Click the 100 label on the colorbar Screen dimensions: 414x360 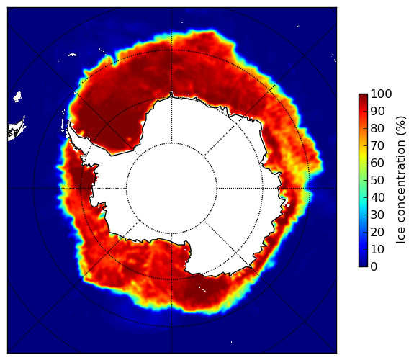click(381, 94)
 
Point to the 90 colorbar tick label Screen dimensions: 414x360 click(377, 111)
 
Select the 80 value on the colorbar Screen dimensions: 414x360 click(377, 128)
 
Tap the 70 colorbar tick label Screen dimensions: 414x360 click(377, 145)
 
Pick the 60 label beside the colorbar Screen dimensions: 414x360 click(377, 163)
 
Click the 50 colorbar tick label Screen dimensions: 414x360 click(377, 181)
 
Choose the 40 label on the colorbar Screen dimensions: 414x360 click(377, 197)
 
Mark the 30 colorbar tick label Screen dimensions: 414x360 click(377, 215)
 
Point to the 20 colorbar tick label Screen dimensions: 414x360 click(377, 232)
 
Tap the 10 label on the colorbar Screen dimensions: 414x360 click(377, 249)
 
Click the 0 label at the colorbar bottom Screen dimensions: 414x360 click(374, 267)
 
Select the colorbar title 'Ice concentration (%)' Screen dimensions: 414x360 click(400, 180)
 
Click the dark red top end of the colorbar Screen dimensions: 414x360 click(363, 96)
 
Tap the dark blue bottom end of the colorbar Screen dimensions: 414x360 click(363, 265)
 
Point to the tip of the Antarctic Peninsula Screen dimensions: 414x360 click(68, 123)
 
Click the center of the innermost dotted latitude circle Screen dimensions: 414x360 click(172, 189)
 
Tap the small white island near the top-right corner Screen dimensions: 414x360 click(297, 26)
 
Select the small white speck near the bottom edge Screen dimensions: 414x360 click(232, 342)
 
